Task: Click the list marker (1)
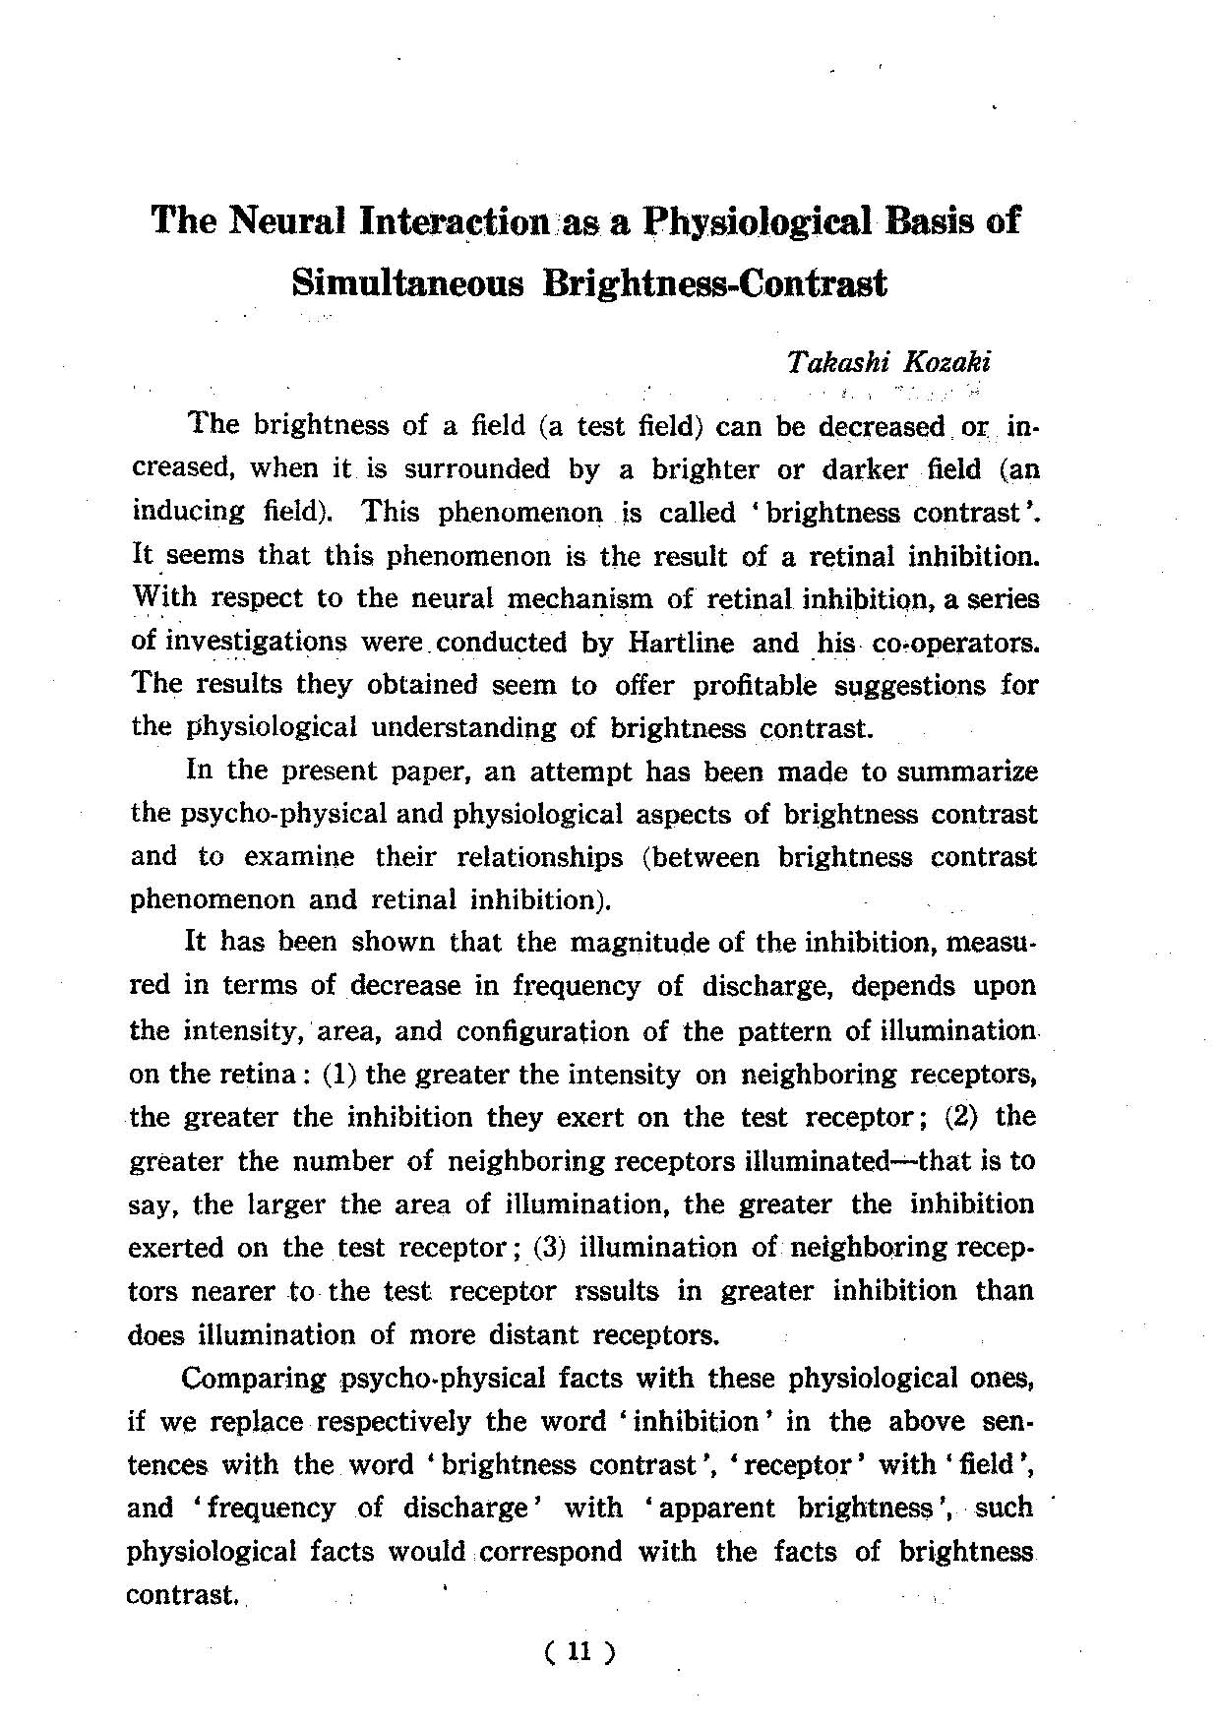point(340,1074)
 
